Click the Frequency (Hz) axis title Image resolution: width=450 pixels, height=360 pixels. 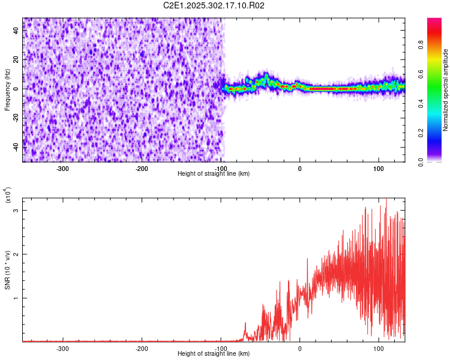click(x=7, y=89)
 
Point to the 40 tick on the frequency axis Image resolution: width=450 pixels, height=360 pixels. click(x=17, y=31)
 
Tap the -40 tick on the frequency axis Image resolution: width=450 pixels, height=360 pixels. click(x=16, y=146)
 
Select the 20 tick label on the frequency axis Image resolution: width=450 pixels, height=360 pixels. click(x=17, y=60)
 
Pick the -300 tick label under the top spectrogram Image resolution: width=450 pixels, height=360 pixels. click(x=63, y=168)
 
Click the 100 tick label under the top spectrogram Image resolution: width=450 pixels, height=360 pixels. click(x=379, y=168)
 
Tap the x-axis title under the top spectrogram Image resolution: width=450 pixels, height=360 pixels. click(x=214, y=174)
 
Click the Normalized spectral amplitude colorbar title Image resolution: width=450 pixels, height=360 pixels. click(x=446, y=90)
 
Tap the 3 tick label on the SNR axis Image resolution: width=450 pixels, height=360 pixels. click(x=17, y=211)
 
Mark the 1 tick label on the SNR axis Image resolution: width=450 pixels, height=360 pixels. click(x=17, y=298)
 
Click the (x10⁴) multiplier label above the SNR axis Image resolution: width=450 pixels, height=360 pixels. click(x=7, y=196)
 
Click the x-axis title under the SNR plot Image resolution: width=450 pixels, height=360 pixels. click(x=214, y=354)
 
